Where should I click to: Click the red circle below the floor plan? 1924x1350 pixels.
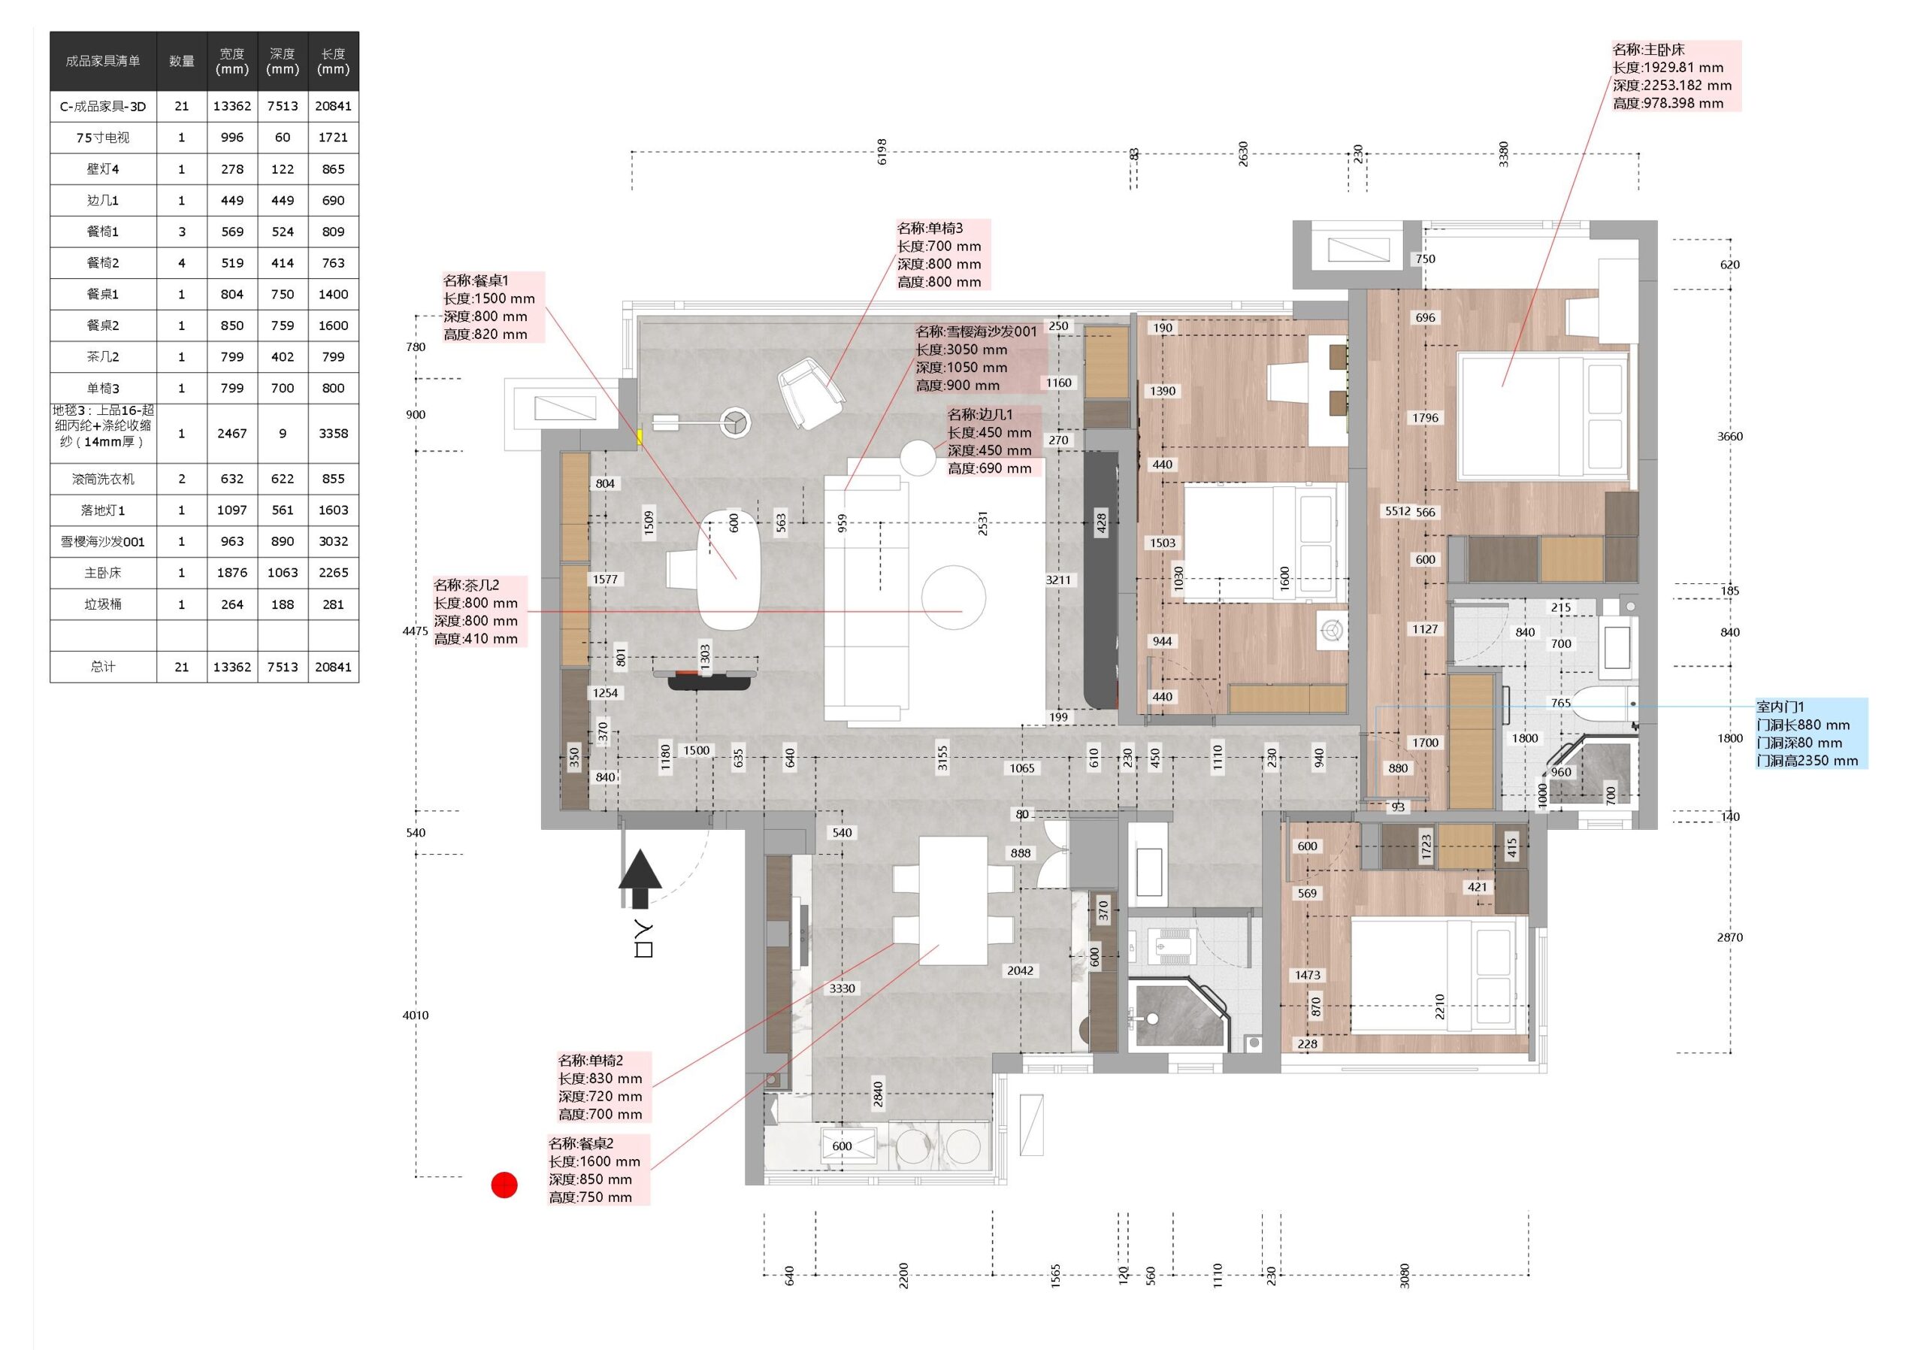pyautogui.click(x=504, y=1184)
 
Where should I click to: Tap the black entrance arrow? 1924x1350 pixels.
pyautogui.click(x=640, y=878)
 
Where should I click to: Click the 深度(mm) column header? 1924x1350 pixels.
pyautogui.click(x=283, y=61)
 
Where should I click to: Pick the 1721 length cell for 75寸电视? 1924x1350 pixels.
pyautogui.click(x=334, y=138)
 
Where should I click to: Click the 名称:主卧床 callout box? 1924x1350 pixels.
pyautogui.click(x=1675, y=76)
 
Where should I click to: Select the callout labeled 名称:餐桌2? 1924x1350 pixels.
pyautogui.click(x=598, y=1170)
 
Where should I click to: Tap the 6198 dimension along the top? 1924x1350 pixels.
pyautogui.click(x=882, y=152)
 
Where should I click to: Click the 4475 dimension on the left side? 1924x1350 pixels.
pyautogui.click(x=416, y=631)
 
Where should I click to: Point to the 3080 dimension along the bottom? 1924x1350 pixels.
pyautogui.click(x=1405, y=1276)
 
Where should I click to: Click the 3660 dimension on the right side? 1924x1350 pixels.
pyautogui.click(x=1729, y=437)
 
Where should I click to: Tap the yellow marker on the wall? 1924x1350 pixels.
pyautogui.click(x=640, y=437)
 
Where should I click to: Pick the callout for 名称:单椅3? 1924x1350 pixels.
pyautogui.click(x=942, y=255)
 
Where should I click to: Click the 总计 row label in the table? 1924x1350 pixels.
pyautogui.click(x=103, y=667)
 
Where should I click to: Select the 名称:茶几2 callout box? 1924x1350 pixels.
pyautogui.click(x=480, y=612)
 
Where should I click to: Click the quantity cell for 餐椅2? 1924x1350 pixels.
pyautogui.click(x=182, y=263)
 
